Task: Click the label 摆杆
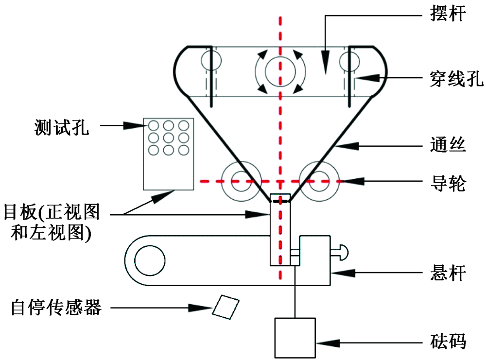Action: coord(448,15)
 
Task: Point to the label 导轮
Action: coord(448,183)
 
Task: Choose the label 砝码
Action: coord(448,342)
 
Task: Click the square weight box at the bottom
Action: coord(295,337)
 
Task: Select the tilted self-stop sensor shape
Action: coord(226,307)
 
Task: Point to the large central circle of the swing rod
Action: coord(280,71)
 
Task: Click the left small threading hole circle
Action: coord(211,60)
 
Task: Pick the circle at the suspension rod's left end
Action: coord(150,261)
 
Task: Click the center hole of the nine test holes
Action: coord(168,137)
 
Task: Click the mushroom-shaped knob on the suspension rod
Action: coord(343,251)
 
